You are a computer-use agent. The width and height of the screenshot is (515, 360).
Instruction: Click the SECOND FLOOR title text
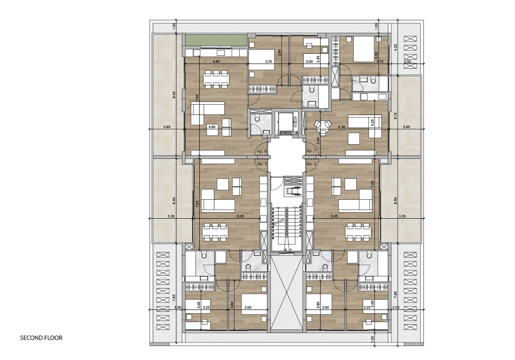point(41,338)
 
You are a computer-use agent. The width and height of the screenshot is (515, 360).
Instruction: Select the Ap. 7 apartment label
point(311,151)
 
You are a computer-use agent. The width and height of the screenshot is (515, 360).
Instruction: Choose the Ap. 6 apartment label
point(311,164)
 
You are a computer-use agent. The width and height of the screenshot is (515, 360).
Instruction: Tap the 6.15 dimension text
point(395,116)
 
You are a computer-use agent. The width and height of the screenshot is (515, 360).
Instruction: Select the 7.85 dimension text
point(174,298)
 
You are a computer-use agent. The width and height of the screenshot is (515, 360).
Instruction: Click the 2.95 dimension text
point(318,59)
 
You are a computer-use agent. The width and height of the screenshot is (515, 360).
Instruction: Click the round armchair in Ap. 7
point(324,126)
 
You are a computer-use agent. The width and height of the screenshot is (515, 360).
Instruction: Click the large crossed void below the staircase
point(286,296)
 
